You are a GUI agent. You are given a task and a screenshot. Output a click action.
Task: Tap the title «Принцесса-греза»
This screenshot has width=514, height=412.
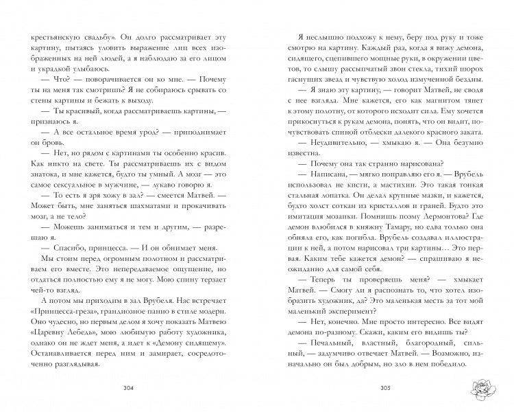(x=72, y=312)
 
